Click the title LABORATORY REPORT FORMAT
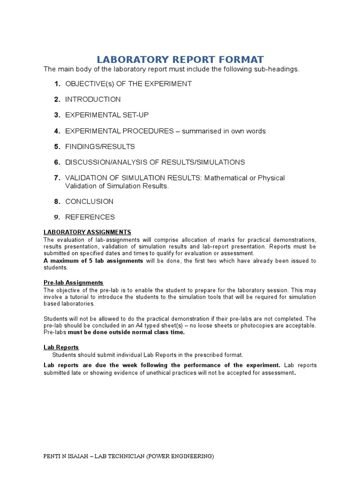(180, 60)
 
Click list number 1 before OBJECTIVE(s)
(57, 84)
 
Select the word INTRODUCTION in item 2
(93, 99)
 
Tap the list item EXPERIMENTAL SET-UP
(107, 115)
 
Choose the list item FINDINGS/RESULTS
(100, 146)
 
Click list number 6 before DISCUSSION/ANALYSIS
(57, 162)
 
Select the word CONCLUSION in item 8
(89, 202)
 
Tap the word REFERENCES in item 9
(90, 217)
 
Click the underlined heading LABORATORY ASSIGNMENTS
(87, 232)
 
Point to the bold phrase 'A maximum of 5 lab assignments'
(93, 261)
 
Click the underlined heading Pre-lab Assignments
(73, 283)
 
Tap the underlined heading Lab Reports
(61, 347)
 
